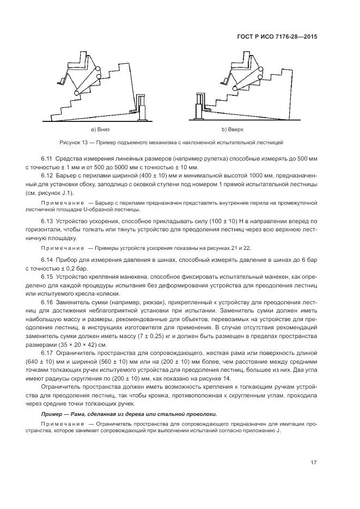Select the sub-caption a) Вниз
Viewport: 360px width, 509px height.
point(101,130)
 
